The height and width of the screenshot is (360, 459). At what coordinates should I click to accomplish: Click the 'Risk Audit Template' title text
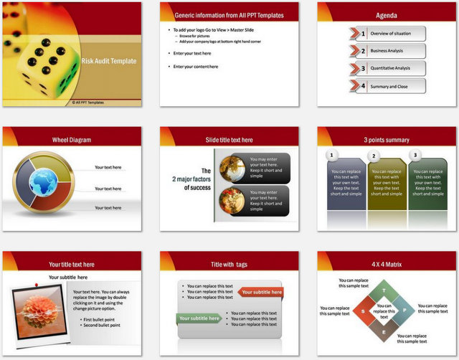pos(108,62)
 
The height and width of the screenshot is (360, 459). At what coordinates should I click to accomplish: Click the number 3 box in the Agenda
pos(363,69)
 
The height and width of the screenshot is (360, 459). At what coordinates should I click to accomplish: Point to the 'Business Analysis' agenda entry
pos(388,51)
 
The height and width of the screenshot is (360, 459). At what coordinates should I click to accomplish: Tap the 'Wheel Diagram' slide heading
pos(71,140)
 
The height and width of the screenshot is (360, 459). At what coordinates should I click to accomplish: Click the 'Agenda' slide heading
pos(386,15)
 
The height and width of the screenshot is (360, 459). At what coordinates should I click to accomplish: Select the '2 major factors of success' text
pos(191,179)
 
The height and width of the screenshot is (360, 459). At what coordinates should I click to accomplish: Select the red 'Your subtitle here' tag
pos(260,292)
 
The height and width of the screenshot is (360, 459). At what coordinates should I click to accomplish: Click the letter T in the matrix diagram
pos(384,290)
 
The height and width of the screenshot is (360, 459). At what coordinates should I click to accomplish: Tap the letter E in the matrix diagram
pos(384,332)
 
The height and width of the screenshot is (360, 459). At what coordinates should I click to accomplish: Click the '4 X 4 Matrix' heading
pos(387,265)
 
